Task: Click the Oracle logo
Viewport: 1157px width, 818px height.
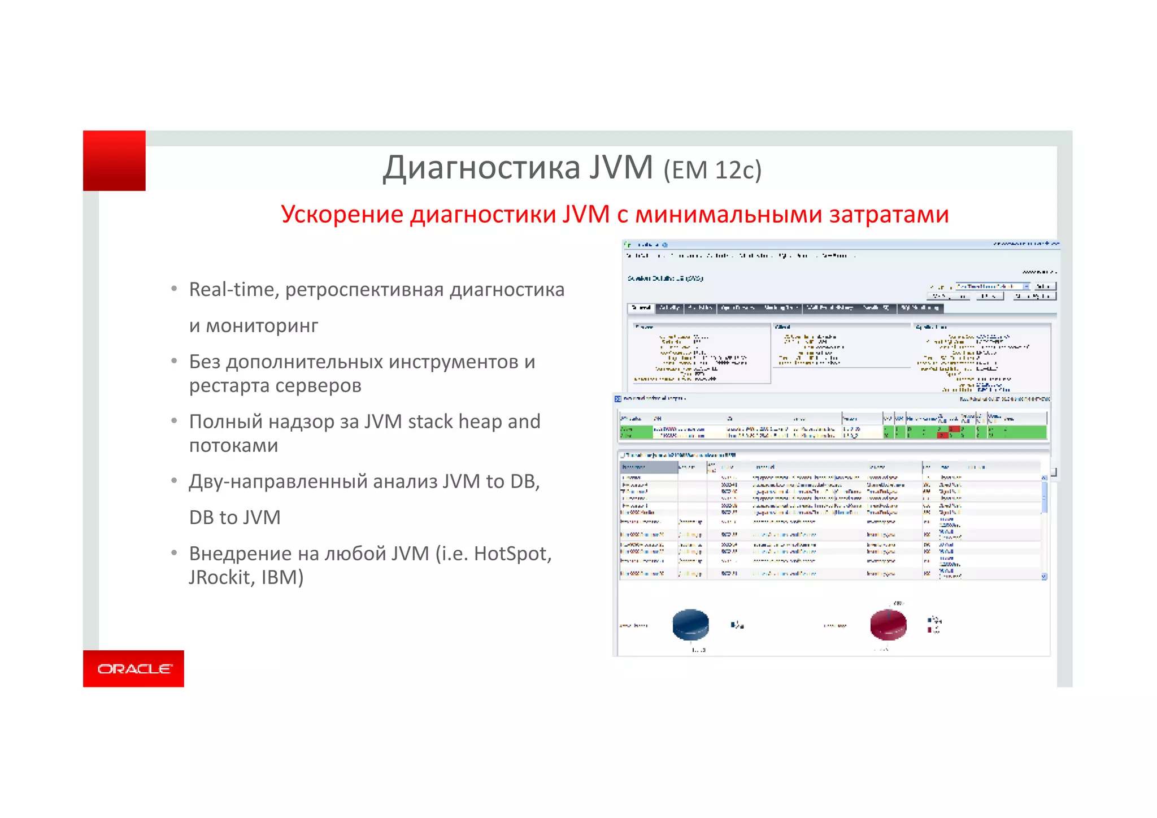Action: pos(134,669)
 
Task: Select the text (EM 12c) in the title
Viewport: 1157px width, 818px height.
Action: pos(712,170)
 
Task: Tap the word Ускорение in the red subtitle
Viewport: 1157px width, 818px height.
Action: pos(342,215)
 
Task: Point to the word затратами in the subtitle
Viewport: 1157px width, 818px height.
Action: pos(889,215)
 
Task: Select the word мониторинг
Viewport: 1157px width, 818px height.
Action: pos(262,325)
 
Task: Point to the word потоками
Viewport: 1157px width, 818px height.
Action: pos(233,445)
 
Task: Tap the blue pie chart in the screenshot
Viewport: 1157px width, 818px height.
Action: pos(690,624)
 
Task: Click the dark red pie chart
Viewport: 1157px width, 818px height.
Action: pos(888,624)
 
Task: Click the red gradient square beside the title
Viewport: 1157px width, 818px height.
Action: pos(114,160)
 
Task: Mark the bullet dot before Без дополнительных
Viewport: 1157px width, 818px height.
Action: pos(175,361)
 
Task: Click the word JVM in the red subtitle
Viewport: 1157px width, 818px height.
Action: pos(586,215)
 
